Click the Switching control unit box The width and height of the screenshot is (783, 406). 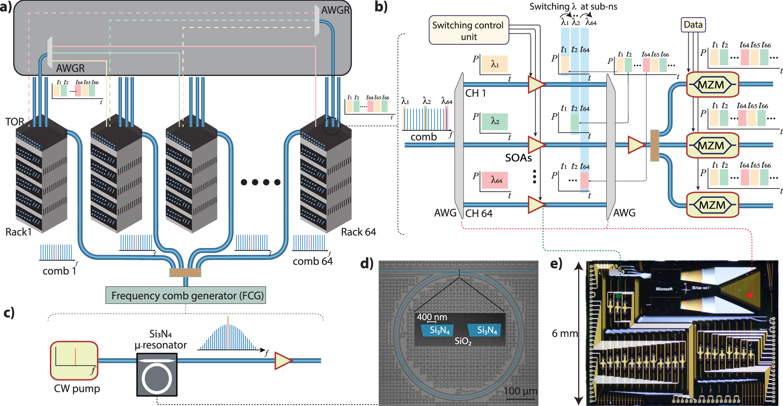click(x=469, y=30)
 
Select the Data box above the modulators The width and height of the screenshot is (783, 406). click(x=693, y=25)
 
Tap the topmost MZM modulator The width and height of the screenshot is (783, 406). click(x=712, y=84)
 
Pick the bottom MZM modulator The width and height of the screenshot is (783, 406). click(x=712, y=205)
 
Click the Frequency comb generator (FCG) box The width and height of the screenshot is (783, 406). click(x=186, y=295)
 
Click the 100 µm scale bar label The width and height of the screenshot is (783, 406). click(x=520, y=391)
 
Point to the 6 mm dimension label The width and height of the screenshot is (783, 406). click(x=565, y=333)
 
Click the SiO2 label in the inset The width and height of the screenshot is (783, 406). click(x=463, y=341)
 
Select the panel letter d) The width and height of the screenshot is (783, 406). click(x=367, y=264)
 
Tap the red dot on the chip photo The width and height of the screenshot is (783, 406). click(x=750, y=295)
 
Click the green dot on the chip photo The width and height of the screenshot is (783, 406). click(x=618, y=296)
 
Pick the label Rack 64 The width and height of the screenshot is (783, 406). click(x=358, y=232)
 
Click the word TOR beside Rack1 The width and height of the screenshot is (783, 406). click(x=14, y=122)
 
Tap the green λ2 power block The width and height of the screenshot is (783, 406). click(x=495, y=121)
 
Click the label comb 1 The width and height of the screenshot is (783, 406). click(x=59, y=271)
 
